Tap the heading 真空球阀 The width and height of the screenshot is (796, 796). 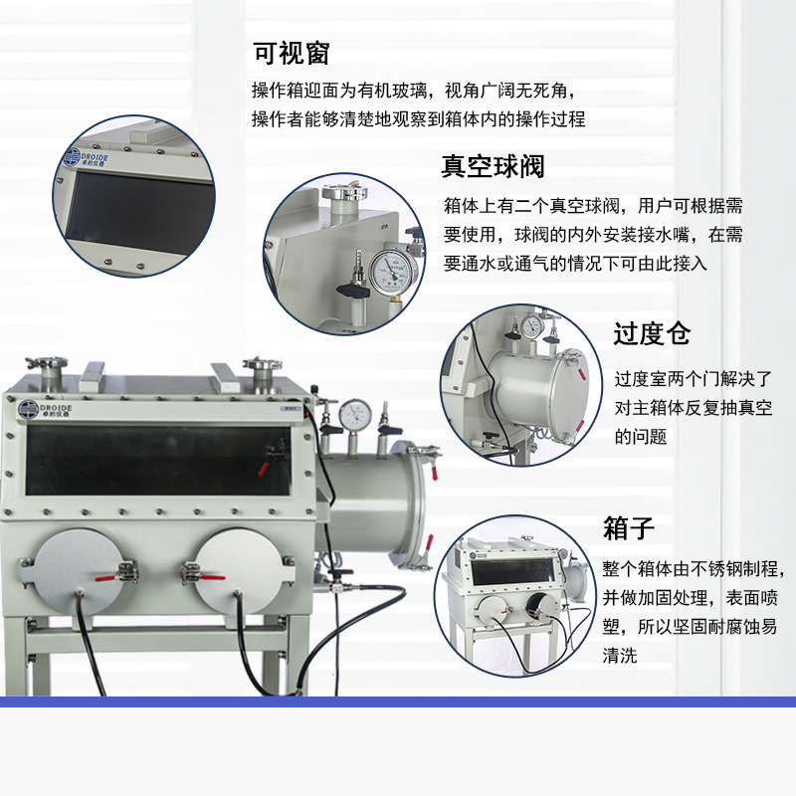(493, 166)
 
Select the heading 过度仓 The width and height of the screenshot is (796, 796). (652, 333)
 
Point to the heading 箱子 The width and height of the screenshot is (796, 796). (630, 528)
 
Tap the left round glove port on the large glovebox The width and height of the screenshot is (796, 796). (76, 569)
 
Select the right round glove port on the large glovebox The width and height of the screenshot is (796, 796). (235, 569)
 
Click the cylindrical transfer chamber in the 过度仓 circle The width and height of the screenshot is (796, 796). (532, 393)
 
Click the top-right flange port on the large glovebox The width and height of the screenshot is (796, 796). (262, 372)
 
